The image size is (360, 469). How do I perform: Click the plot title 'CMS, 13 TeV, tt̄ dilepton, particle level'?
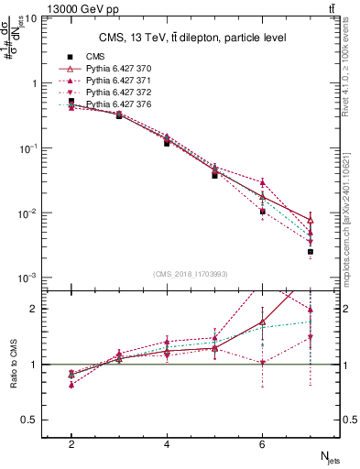[x=180, y=38]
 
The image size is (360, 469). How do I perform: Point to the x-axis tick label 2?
[x=71, y=444]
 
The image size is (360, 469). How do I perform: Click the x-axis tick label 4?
[x=167, y=444]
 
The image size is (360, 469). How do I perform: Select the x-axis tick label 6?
[x=262, y=444]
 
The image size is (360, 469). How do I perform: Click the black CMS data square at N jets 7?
[x=311, y=252]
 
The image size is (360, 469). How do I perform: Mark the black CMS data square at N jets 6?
[x=262, y=212]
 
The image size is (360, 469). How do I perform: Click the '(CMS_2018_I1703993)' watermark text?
[x=191, y=274]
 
